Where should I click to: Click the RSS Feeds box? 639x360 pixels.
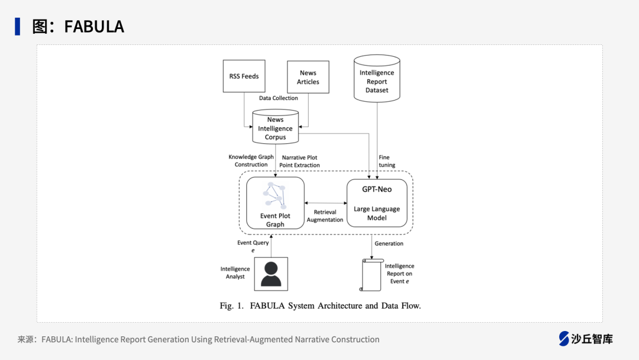pyautogui.click(x=244, y=76)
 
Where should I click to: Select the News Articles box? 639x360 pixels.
pyautogui.click(x=308, y=77)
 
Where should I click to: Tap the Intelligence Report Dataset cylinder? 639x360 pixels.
pyautogui.click(x=376, y=78)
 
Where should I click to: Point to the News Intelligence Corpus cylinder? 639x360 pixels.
pyautogui.click(x=275, y=127)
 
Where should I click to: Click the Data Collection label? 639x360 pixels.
pyautogui.click(x=279, y=98)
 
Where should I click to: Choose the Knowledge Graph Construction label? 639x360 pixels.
pyautogui.click(x=251, y=160)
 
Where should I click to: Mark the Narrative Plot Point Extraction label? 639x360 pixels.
pyautogui.click(x=299, y=161)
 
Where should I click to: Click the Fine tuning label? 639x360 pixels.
pyautogui.click(x=387, y=161)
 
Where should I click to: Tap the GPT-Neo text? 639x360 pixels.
pyautogui.click(x=377, y=189)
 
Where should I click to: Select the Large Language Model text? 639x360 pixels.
pyautogui.click(x=377, y=213)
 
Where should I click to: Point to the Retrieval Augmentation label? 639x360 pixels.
pyautogui.click(x=325, y=216)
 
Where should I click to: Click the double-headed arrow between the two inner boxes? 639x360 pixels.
pyautogui.click(x=325, y=203)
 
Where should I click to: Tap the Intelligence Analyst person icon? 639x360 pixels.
pyautogui.click(x=271, y=274)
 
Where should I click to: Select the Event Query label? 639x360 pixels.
pyautogui.click(x=253, y=246)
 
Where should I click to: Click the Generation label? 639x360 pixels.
pyautogui.click(x=389, y=243)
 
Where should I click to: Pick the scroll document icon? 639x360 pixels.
pyautogui.click(x=371, y=275)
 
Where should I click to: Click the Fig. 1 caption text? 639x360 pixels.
pyautogui.click(x=320, y=306)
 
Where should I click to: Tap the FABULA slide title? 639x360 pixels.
pyautogui.click(x=78, y=27)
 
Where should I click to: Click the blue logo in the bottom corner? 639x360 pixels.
pyautogui.click(x=564, y=339)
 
